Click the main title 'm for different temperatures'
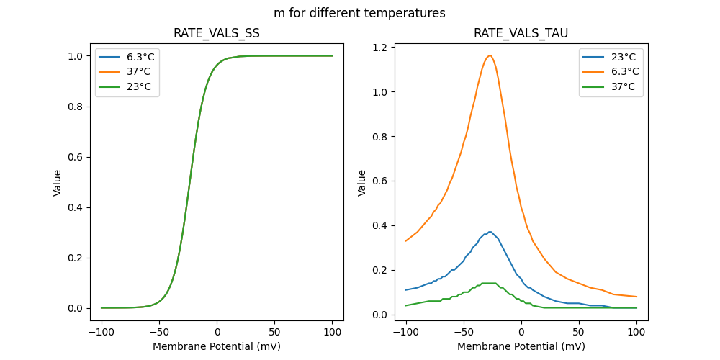[x=359, y=13]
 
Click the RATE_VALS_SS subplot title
[x=217, y=33]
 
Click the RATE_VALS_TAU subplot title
[x=521, y=33]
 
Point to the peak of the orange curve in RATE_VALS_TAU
[x=490, y=55]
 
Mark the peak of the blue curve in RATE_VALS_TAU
[x=490, y=232]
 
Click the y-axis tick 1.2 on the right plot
[x=380, y=48]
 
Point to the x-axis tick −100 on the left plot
[x=101, y=333]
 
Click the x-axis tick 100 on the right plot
[x=636, y=333]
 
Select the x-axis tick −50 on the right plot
[x=464, y=333]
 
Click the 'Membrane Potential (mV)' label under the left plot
[x=217, y=346]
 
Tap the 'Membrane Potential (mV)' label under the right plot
[x=521, y=346]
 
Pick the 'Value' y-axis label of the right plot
[x=362, y=182]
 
